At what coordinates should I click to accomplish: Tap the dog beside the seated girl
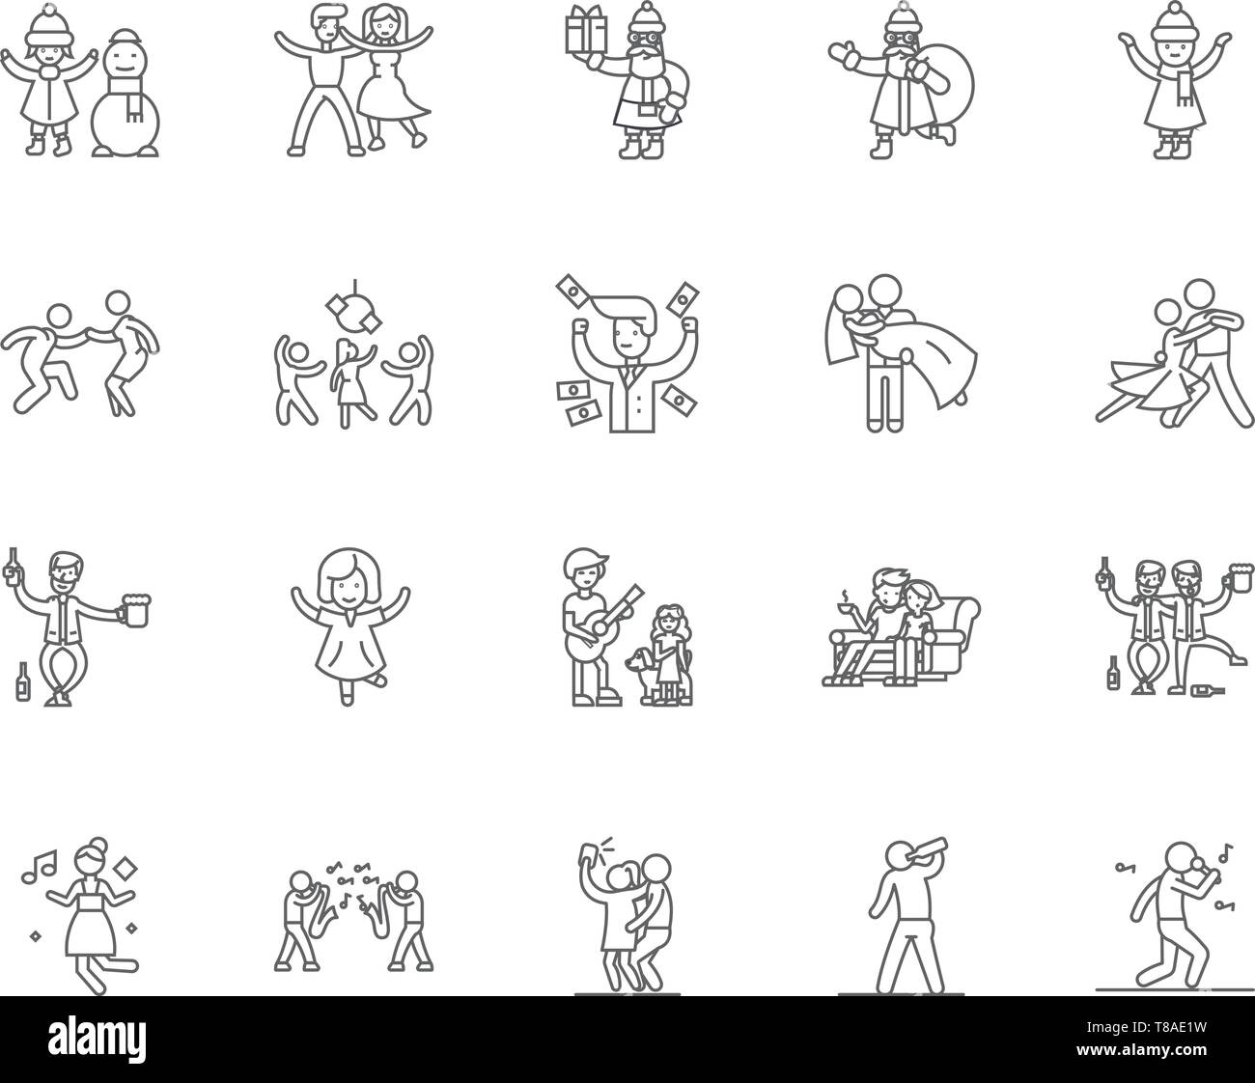638,667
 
